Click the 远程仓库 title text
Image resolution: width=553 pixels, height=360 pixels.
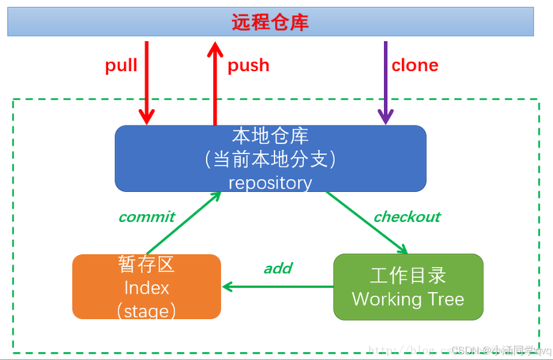point(269,22)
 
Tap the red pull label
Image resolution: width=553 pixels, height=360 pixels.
point(121,66)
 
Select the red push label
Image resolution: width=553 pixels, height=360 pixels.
point(248,66)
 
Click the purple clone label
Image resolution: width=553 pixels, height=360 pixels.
point(415,66)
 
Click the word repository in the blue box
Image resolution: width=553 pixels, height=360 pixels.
point(270,182)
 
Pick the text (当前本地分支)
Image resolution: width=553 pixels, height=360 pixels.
point(270,159)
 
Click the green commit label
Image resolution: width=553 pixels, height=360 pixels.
point(146,216)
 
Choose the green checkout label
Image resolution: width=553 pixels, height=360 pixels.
point(407,216)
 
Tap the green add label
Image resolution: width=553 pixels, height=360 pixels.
point(278,268)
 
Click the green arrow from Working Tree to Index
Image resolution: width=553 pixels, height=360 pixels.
point(277,287)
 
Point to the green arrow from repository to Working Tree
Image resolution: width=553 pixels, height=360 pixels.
point(367,222)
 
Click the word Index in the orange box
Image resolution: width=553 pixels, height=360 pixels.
point(146,287)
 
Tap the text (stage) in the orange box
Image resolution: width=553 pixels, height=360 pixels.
point(146,310)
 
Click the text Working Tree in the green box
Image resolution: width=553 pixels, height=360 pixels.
point(408,299)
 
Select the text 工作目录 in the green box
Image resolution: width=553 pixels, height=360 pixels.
point(408,276)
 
